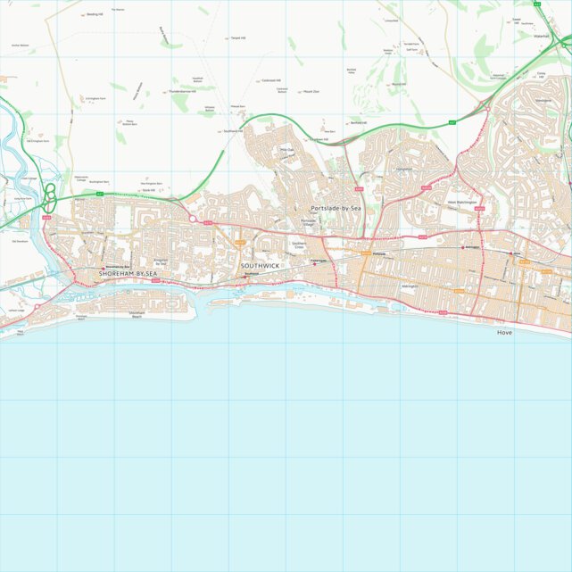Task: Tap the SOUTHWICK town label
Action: (260, 266)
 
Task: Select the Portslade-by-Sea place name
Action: (336, 208)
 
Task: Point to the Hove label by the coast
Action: (505, 331)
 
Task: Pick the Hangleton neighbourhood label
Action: (404, 168)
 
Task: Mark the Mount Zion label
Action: (311, 91)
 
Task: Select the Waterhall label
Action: (541, 36)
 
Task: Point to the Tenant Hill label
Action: (236, 38)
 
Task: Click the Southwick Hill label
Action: (232, 130)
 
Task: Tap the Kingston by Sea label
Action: (161, 262)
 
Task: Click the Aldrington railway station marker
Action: (465, 247)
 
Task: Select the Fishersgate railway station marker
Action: (314, 263)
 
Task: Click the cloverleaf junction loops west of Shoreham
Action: (51, 194)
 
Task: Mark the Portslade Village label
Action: (309, 222)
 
